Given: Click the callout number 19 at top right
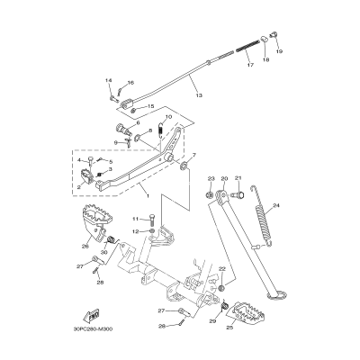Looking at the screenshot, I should pos(278,53).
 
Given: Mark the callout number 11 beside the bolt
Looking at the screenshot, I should pos(138,219).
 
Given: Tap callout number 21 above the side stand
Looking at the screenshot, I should pos(238,178).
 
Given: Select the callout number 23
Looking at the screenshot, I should pos(211,178).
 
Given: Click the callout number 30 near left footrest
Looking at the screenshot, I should pos(103,252).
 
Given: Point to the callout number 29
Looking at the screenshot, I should pos(212,321).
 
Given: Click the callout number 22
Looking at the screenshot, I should pos(221,269).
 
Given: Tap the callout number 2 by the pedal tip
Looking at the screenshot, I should pos(77,187).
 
